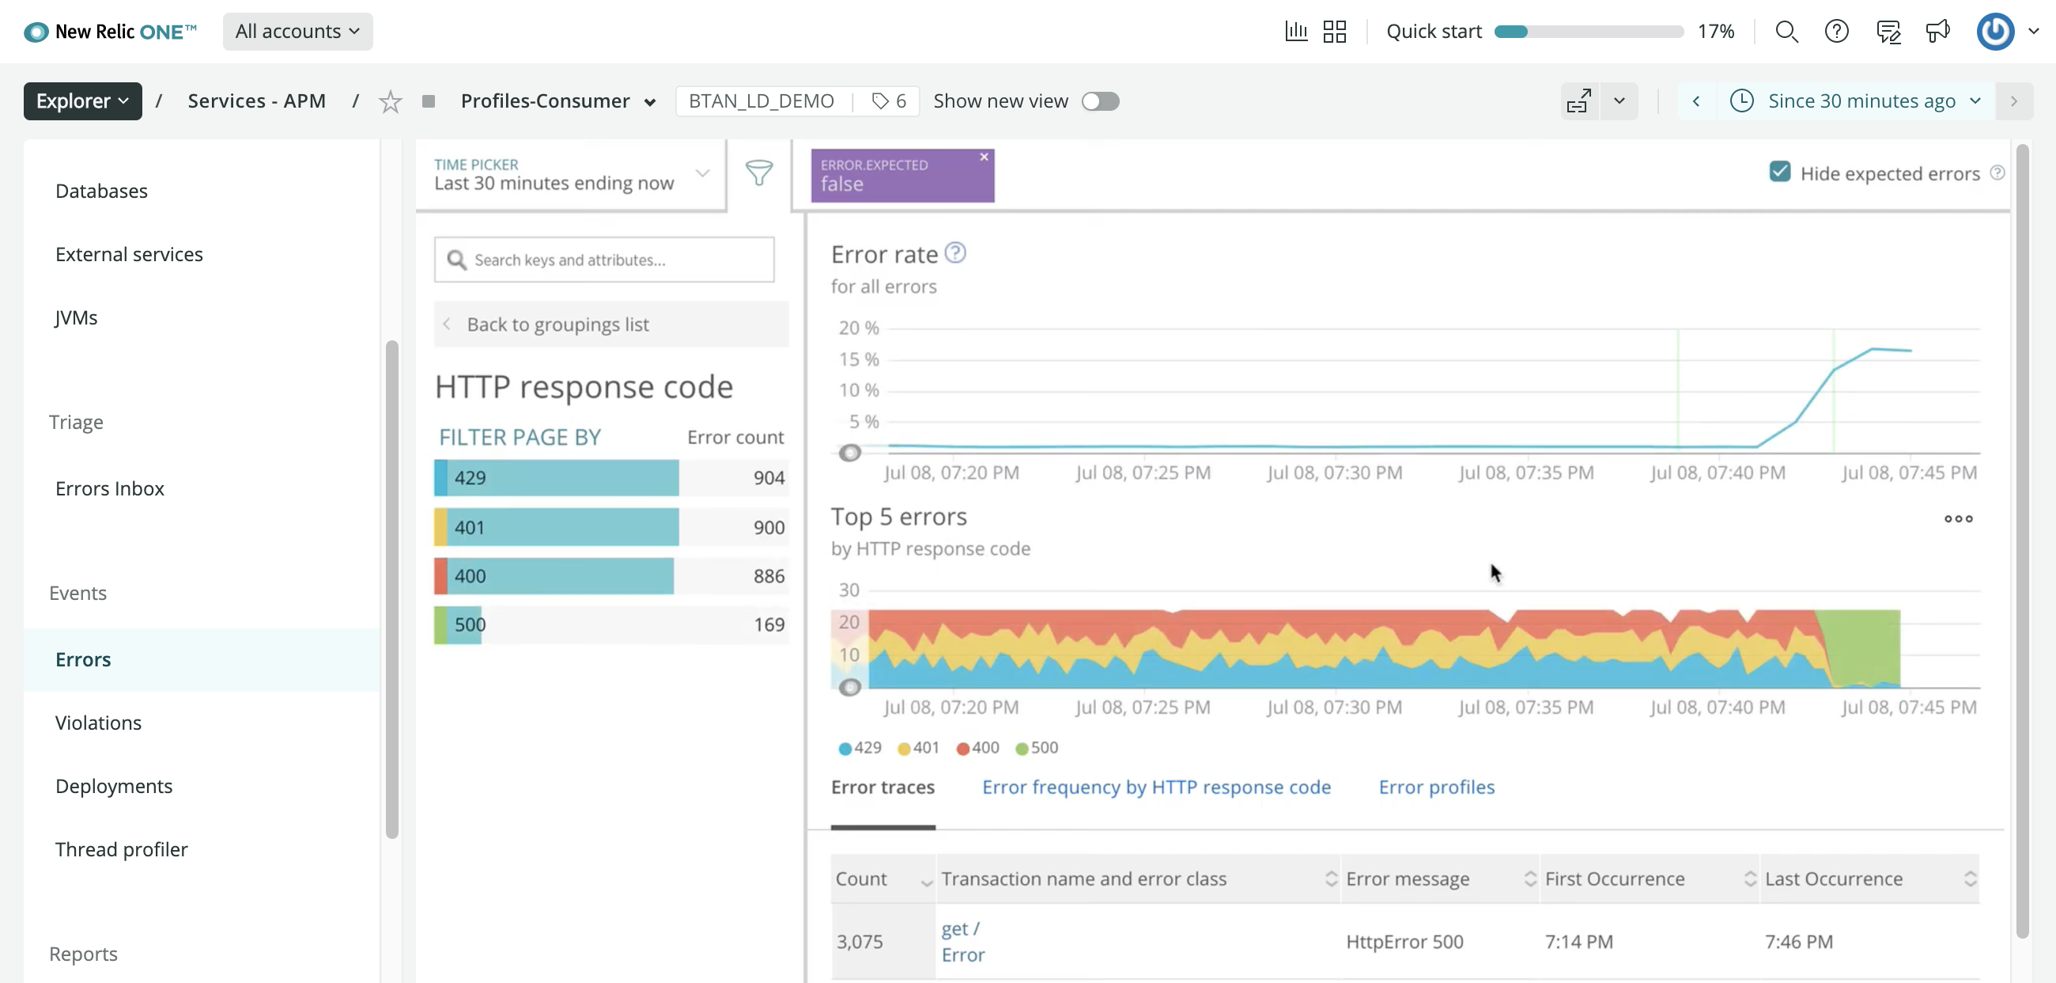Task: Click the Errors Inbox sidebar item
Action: click(109, 488)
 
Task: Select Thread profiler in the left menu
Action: click(121, 850)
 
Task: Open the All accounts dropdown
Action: click(297, 32)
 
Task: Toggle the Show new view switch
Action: click(1100, 101)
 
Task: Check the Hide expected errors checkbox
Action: click(1779, 173)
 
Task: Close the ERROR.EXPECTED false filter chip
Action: click(984, 158)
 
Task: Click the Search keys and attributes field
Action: click(604, 260)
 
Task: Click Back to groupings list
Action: click(557, 325)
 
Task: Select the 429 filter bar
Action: click(556, 477)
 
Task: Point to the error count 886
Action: click(769, 576)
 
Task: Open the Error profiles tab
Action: click(1436, 788)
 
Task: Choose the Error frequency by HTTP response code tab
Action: click(1155, 788)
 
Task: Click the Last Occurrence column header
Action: click(1833, 879)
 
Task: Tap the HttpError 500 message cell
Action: click(1404, 943)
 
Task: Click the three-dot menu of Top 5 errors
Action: click(1958, 519)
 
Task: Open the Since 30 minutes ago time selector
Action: click(1861, 101)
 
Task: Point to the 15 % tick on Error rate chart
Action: click(858, 359)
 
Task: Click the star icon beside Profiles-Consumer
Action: click(390, 102)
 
